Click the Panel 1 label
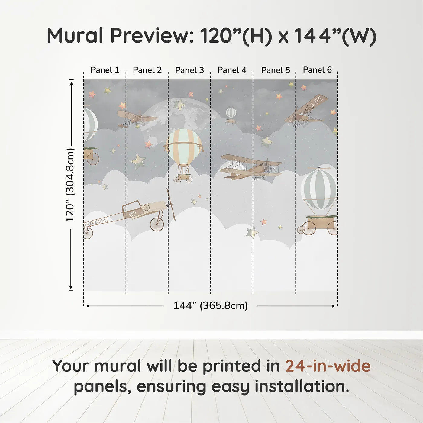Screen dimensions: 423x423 (105, 70)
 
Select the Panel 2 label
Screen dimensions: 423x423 (147, 70)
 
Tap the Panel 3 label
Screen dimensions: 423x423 (189, 70)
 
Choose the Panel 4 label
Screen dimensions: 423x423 (232, 70)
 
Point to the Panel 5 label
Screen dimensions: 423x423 (276, 70)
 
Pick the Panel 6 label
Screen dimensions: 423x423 (317, 70)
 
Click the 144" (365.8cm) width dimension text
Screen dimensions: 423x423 (210, 305)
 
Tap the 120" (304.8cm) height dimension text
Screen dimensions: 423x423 (70, 185)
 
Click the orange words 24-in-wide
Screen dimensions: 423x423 (328, 366)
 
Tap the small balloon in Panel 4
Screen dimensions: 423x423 (231, 113)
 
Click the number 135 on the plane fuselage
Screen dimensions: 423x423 (132, 214)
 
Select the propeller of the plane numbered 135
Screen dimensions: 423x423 (171, 204)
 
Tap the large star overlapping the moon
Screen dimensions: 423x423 (179, 105)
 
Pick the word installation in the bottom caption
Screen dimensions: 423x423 (302, 386)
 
